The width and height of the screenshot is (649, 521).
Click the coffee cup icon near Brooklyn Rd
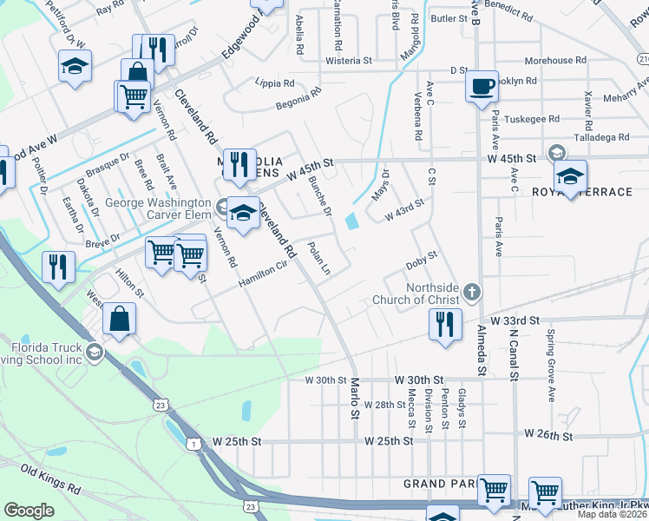pyautogui.click(x=482, y=87)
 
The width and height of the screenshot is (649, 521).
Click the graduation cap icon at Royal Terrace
pyautogui.click(x=570, y=176)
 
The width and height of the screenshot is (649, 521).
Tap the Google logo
pyautogui.click(x=29, y=510)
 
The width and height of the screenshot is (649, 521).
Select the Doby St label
pyautogui.click(x=423, y=260)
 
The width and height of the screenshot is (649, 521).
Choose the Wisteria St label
pyautogui.click(x=348, y=62)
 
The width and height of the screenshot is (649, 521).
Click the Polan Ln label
pyautogui.click(x=319, y=259)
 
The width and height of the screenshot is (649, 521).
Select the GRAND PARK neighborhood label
pyautogui.click(x=439, y=483)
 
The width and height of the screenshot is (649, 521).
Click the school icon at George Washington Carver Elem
pyautogui.click(x=244, y=214)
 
